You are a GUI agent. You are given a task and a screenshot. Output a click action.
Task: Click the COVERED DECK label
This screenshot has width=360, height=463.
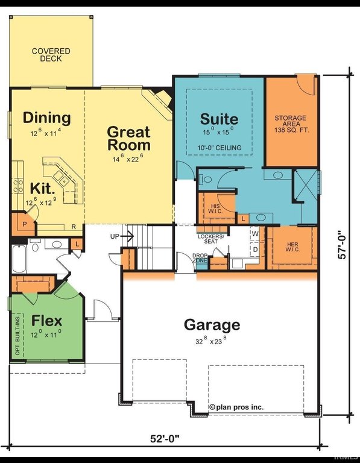[x=51, y=55]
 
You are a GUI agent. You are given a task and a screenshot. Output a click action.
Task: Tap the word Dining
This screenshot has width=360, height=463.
[x=46, y=118]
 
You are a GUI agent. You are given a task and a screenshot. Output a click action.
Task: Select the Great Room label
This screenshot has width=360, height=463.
[x=129, y=139]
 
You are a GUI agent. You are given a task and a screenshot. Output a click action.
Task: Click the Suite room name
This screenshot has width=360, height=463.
[x=219, y=119]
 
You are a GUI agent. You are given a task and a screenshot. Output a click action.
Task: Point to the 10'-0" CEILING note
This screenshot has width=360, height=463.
[x=219, y=148]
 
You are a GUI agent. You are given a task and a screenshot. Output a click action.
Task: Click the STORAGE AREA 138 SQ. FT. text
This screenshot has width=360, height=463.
[x=291, y=124]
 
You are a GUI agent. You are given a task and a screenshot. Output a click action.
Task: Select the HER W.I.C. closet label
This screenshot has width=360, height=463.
[x=292, y=247]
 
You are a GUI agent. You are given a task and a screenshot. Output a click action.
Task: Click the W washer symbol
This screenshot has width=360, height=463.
[x=255, y=234]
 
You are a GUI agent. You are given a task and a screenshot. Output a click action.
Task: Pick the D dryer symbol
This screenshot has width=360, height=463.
[x=256, y=250]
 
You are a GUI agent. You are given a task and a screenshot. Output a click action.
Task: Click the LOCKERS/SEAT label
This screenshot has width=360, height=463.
[x=211, y=239]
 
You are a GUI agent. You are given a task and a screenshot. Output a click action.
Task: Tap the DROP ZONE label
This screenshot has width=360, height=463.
[x=200, y=258]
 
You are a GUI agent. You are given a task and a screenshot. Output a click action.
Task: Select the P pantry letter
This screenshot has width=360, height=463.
[x=25, y=224]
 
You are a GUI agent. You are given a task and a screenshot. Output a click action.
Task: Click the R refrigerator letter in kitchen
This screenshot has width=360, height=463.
[x=74, y=227]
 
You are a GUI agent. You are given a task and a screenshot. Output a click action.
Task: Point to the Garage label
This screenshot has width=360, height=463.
[x=212, y=325]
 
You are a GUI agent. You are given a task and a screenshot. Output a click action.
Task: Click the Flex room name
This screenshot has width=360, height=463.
[x=46, y=321]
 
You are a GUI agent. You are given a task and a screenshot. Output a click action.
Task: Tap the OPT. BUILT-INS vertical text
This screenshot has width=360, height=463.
[x=17, y=336]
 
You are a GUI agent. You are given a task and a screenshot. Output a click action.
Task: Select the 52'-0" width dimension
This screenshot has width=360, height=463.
[x=165, y=439]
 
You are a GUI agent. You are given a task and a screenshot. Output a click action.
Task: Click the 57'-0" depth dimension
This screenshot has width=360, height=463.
[x=342, y=245]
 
